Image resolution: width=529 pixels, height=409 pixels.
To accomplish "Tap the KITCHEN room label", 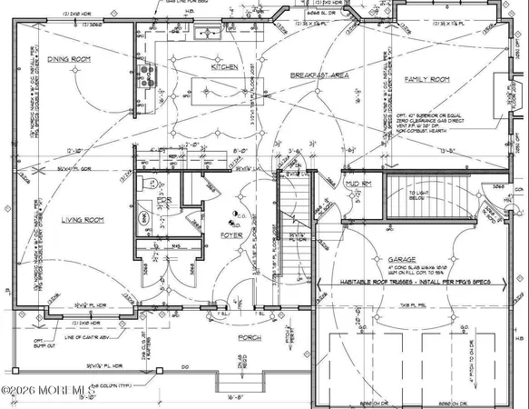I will [x=224, y=68].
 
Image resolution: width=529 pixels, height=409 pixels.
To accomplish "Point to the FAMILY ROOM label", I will [x=426, y=80].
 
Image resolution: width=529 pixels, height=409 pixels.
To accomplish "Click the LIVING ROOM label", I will [x=82, y=220].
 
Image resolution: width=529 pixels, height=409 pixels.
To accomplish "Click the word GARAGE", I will [x=402, y=258].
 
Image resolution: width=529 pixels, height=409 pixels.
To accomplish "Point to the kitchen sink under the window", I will [x=205, y=35].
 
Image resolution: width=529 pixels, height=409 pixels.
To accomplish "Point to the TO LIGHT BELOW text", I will [x=417, y=198].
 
